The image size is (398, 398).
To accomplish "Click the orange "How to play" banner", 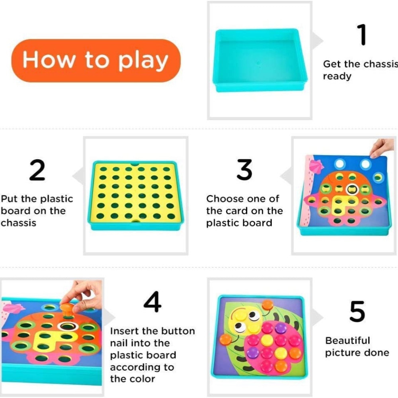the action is (x=96, y=60).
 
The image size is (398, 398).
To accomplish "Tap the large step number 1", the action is (x=363, y=35).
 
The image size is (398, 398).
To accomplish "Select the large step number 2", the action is (x=37, y=170).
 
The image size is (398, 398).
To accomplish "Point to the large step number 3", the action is (x=244, y=170).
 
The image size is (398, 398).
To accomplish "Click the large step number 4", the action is (x=152, y=302).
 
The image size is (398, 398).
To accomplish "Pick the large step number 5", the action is (x=357, y=311).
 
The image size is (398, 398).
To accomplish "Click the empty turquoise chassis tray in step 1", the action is (x=259, y=60).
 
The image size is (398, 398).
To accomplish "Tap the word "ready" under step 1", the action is (x=337, y=76).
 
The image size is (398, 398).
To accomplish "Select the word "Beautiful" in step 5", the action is (x=347, y=340).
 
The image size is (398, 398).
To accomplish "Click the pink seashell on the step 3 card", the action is (x=316, y=166).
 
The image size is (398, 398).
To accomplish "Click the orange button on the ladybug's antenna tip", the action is (x=267, y=304).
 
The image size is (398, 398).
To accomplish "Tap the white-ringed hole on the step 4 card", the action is (x=66, y=326).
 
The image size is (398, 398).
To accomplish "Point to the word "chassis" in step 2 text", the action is (x=18, y=223).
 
